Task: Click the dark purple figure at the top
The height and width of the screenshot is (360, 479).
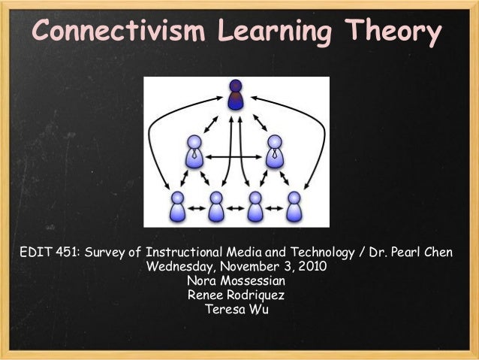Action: [x=236, y=95]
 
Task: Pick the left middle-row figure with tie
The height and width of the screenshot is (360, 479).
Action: [x=194, y=151]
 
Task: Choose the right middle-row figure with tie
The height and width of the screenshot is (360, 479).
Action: [x=275, y=151]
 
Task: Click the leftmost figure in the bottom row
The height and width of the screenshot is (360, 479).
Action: [x=177, y=207]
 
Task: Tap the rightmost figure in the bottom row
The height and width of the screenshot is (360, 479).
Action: [x=294, y=207]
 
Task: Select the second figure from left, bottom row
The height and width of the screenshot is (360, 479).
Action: [x=216, y=207]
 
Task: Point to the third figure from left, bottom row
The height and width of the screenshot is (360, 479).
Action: [x=255, y=207]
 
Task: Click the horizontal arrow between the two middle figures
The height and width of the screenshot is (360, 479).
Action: [x=234, y=157]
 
